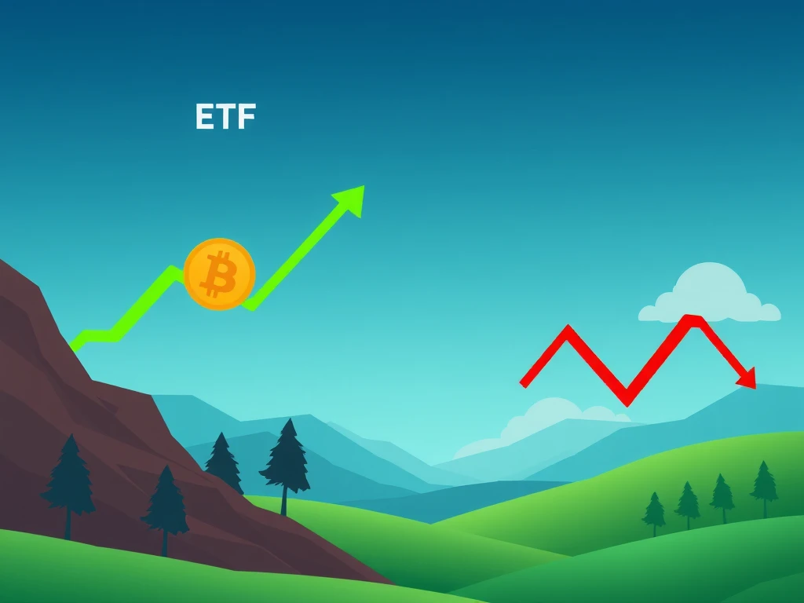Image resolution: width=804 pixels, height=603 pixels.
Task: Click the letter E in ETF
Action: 205,116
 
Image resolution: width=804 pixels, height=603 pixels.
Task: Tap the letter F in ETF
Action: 246,116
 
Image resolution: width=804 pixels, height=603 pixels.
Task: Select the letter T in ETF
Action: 225,116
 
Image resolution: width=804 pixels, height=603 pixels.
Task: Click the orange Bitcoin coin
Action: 220,274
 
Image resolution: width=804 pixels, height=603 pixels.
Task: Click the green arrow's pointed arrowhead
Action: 352,199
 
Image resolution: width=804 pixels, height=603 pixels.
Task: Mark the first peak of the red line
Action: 568,327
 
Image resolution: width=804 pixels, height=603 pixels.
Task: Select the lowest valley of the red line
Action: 627,403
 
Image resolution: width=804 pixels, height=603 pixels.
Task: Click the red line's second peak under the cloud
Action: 693,318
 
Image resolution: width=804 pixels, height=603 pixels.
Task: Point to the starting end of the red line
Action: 523,384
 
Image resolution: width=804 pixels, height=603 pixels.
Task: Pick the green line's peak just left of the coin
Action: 172,269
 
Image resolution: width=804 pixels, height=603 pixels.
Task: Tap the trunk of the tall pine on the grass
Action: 284,500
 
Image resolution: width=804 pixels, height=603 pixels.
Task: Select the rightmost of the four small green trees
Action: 764,487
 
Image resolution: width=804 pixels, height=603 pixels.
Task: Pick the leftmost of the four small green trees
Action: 654,513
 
